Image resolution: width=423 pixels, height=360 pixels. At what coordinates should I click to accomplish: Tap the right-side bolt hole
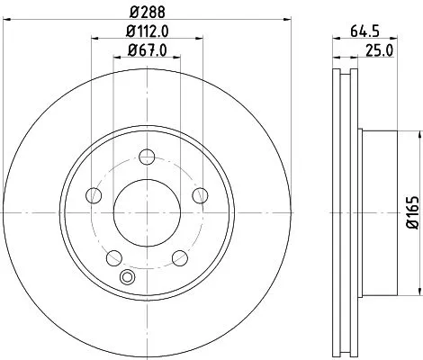click(x=201, y=193)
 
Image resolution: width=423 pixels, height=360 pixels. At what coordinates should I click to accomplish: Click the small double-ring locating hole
click(x=128, y=278)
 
